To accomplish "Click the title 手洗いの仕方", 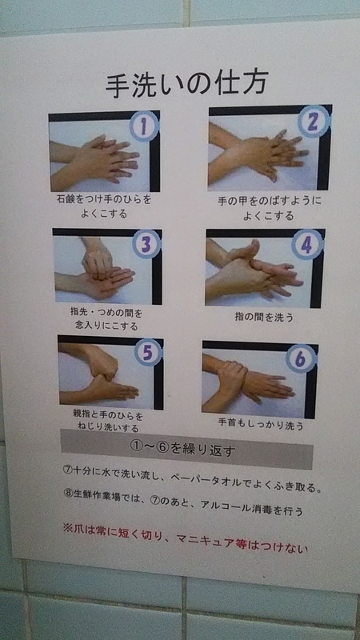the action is pyautogui.click(x=187, y=85).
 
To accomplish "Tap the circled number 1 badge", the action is pyautogui.click(x=144, y=126).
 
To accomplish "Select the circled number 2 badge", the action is pyautogui.click(x=314, y=122).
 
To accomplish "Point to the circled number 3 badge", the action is pyautogui.click(x=146, y=244).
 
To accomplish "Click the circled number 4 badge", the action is pyautogui.click(x=307, y=245).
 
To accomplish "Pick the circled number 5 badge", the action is pyautogui.click(x=148, y=352).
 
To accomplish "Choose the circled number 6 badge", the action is pyautogui.click(x=302, y=358).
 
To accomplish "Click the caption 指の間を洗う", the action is pyautogui.click(x=264, y=316).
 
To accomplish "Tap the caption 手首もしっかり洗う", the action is pyautogui.click(x=261, y=425).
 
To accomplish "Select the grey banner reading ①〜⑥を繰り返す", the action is pyautogui.click(x=187, y=449).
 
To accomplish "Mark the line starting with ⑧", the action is pyautogui.click(x=183, y=502).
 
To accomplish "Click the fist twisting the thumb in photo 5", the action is pyautogui.click(x=102, y=360).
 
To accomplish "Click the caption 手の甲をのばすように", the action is pyautogui.click(x=270, y=201).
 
